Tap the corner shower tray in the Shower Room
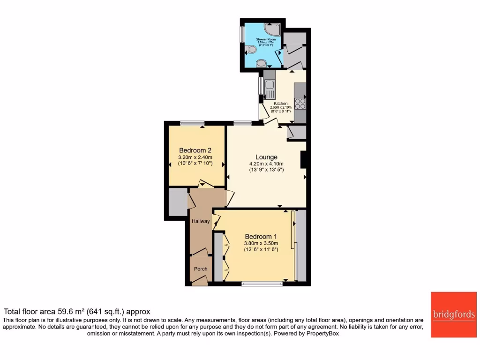coord(273,28)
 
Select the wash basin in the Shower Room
coord(261,63)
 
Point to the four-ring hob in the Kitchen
coord(300,103)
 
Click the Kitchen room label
coord(281,104)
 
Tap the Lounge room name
coord(266,157)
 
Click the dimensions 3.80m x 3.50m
coord(261,243)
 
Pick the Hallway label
coord(200,221)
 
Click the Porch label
coord(201,269)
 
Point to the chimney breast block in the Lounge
coord(303,159)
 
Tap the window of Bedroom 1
coord(262,283)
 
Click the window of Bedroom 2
coord(192,123)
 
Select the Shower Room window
coord(242,33)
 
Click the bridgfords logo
coord(454,315)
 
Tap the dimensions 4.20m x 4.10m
coord(266,164)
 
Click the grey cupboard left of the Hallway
coord(177,202)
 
